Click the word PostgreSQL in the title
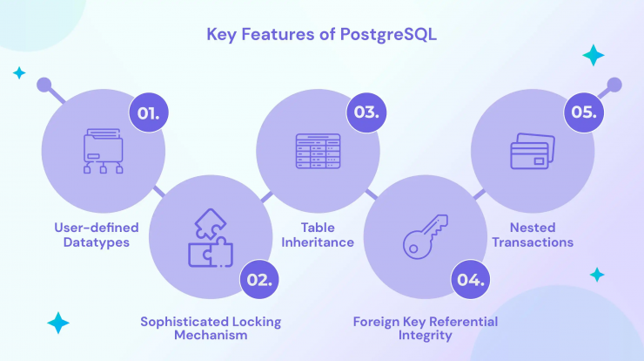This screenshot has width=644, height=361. tap(388, 35)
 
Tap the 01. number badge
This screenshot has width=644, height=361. tap(149, 112)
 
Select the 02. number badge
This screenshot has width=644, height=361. tap(259, 280)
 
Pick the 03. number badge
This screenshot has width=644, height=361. tap(366, 112)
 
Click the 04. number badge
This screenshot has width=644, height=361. tap(470, 280)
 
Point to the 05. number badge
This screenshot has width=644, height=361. tap(584, 112)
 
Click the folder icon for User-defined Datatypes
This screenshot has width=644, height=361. tap(103, 151)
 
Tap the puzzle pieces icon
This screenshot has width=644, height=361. tap(211, 238)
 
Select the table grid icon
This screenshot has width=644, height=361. tap(318, 151)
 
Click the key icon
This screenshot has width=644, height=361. tap(425, 236)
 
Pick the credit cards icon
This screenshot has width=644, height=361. tap(533, 151)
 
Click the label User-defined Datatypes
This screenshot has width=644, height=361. tap(97, 235)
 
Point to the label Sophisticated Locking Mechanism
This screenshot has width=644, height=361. tap(211, 328)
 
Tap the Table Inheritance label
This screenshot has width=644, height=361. tap(318, 235)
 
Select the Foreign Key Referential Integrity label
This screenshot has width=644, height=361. tap(426, 328)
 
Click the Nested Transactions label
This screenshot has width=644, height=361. tap(533, 235)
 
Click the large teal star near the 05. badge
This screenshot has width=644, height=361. tap(594, 55)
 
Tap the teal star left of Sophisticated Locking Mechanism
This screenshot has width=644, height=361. tap(58, 323)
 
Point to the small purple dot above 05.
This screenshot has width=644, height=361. tap(614, 85)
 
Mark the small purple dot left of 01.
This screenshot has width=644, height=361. tap(44, 85)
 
